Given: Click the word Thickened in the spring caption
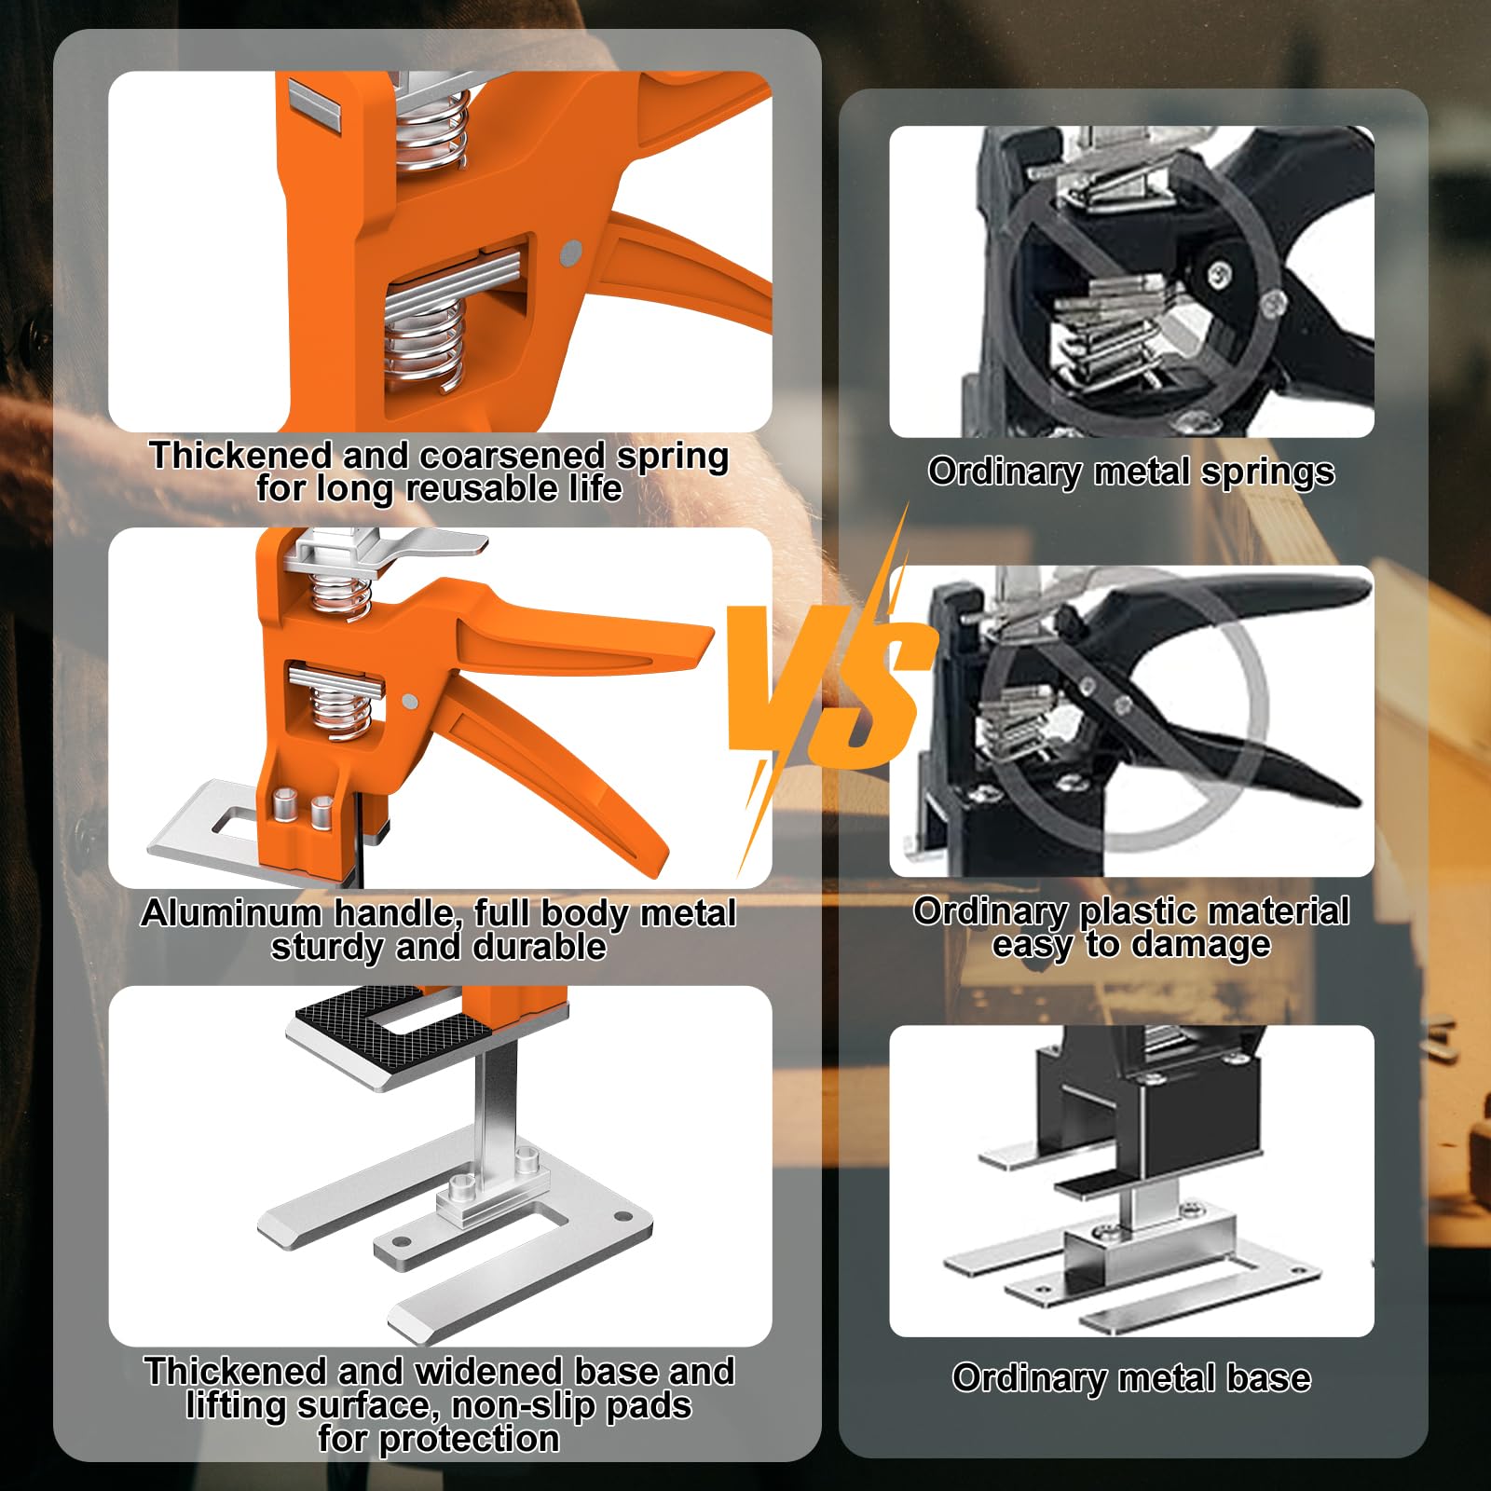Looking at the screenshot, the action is (x=240, y=456).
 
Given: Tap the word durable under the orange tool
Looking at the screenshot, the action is (x=540, y=947).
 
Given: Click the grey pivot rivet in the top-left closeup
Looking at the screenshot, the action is (x=571, y=251).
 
